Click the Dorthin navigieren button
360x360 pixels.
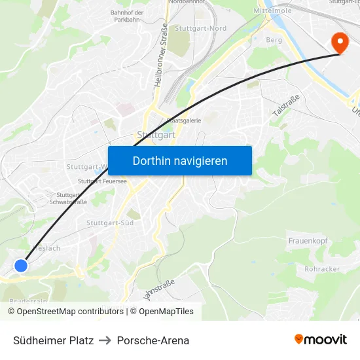tap(180, 161)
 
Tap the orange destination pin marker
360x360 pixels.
tap(340, 43)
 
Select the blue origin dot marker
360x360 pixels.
tap(21, 265)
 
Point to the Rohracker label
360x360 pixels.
tap(321, 269)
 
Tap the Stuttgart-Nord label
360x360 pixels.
tap(201, 28)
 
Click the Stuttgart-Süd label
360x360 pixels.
tap(110, 223)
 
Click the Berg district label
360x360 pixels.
tap(274, 40)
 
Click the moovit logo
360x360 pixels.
tap(320, 340)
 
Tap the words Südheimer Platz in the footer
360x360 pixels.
tap(53, 340)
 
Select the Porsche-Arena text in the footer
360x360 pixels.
tap(153, 340)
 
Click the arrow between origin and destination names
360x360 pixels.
tap(105, 340)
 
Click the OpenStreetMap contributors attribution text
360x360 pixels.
tap(65, 312)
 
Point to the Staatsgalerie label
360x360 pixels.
tap(183, 120)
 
